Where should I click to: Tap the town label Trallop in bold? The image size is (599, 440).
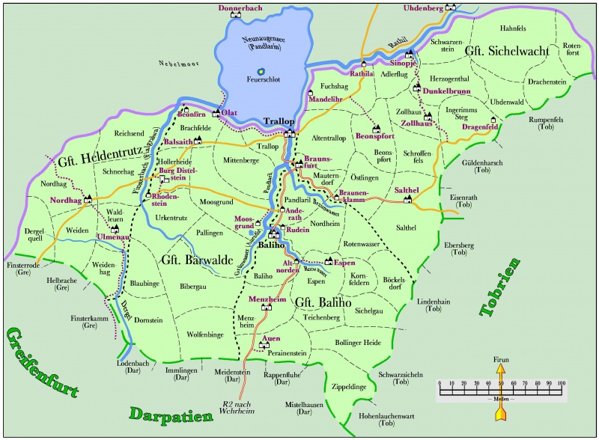tap(280, 121)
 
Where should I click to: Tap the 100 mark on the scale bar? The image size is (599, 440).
tap(561, 382)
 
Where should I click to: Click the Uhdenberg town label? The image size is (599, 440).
tap(423, 7)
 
